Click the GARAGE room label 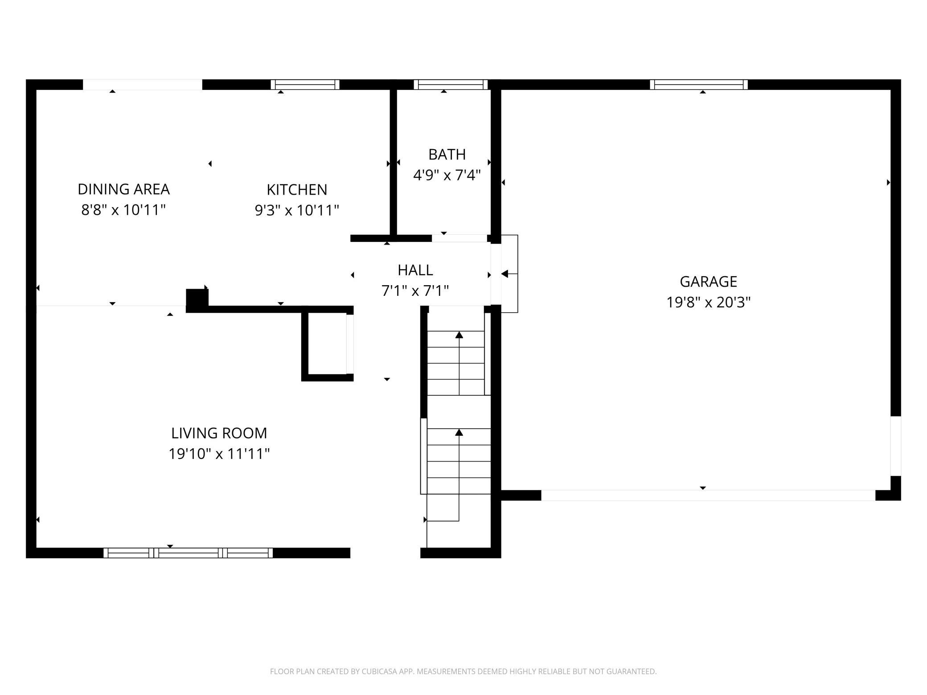click(x=708, y=282)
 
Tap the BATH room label click(x=447, y=154)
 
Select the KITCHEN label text click(x=297, y=189)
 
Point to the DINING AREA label click(x=123, y=189)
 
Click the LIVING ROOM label click(x=219, y=433)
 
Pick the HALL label click(x=415, y=270)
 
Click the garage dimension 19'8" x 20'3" click(x=708, y=303)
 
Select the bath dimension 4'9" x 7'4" click(x=447, y=175)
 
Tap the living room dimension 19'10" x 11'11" click(x=219, y=454)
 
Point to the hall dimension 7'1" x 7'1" click(x=415, y=291)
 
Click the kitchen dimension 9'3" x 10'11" click(x=297, y=210)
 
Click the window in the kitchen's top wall click(x=305, y=85)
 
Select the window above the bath click(x=451, y=85)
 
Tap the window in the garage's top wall click(x=699, y=85)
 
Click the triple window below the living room click(x=188, y=553)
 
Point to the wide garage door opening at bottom click(x=708, y=495)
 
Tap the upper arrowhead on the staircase click(x=459, y=335)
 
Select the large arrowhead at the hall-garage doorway click(x=505, y=274)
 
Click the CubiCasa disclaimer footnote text click(x=463, y=671)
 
